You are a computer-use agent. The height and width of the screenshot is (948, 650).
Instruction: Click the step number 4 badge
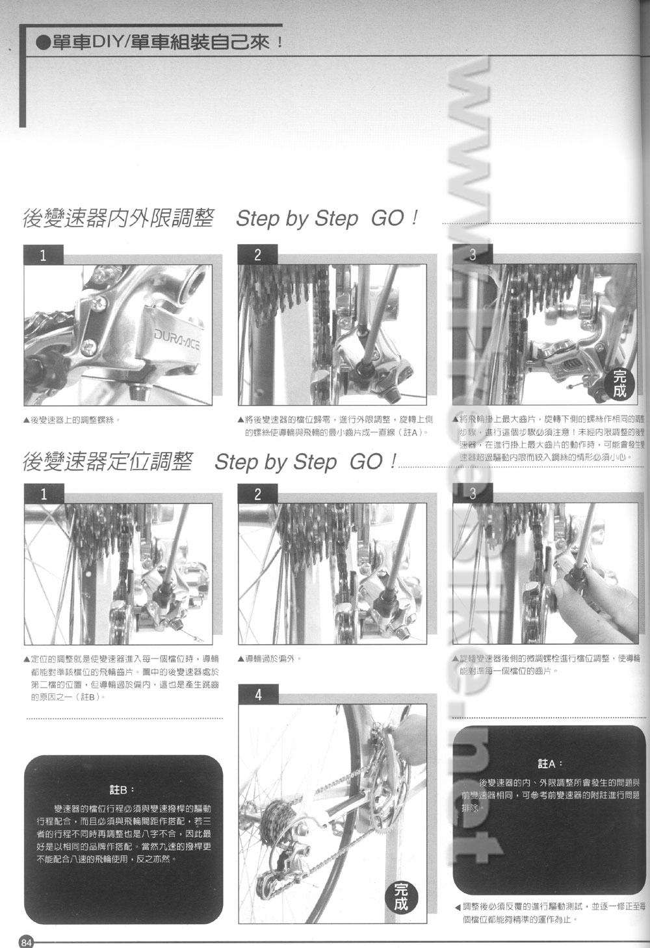click(x=258, y=695)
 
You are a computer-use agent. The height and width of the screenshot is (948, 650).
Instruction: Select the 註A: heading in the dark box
click(x=550, y=764)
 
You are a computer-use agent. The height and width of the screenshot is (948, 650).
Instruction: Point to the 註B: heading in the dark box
click(x=122, y=790)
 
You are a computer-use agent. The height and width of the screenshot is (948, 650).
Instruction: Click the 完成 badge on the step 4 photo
click(x=401, y=898)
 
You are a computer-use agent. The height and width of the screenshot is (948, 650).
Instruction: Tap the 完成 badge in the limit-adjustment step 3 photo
click(x=619, y=384)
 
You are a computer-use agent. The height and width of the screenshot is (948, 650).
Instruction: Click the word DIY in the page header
click(x=104, y=43)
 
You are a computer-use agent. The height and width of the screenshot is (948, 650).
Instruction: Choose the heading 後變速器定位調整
click(x=107, y=462)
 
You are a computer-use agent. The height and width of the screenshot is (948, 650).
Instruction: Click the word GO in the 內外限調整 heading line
click(x=388, y=218)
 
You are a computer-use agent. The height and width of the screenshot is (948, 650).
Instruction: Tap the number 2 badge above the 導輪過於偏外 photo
click(x=257, y=494)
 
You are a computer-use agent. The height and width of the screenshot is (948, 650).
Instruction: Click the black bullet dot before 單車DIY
click(x=43, y=44)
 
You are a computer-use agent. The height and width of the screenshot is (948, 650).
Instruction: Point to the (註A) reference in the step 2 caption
click(x=410, y=432)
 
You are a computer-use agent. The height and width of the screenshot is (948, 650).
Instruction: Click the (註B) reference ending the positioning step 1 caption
click(x=91, y=697)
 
